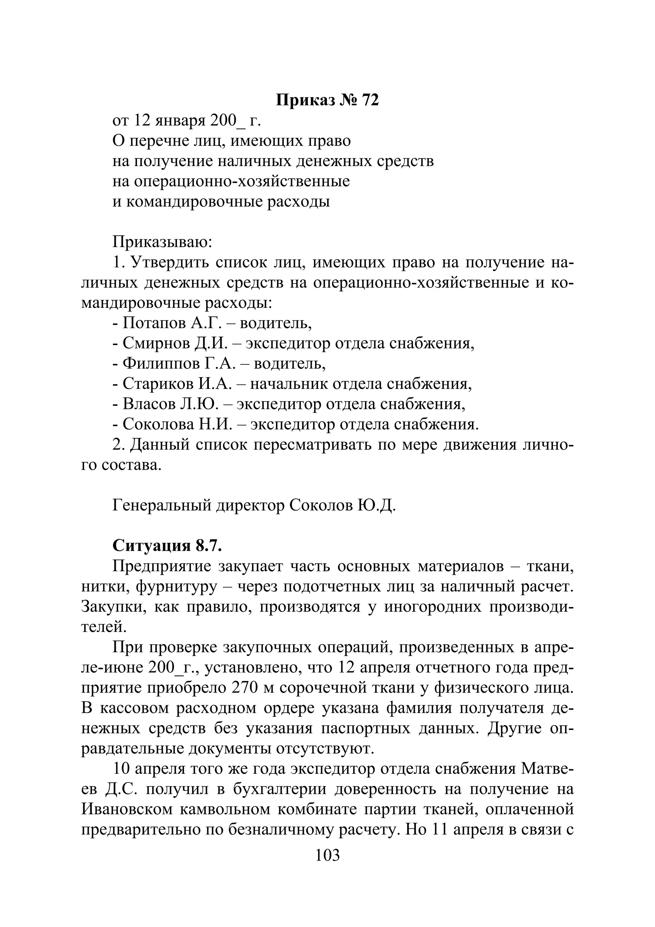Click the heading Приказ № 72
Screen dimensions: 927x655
point(327,100)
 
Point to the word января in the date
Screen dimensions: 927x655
point(180,120)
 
